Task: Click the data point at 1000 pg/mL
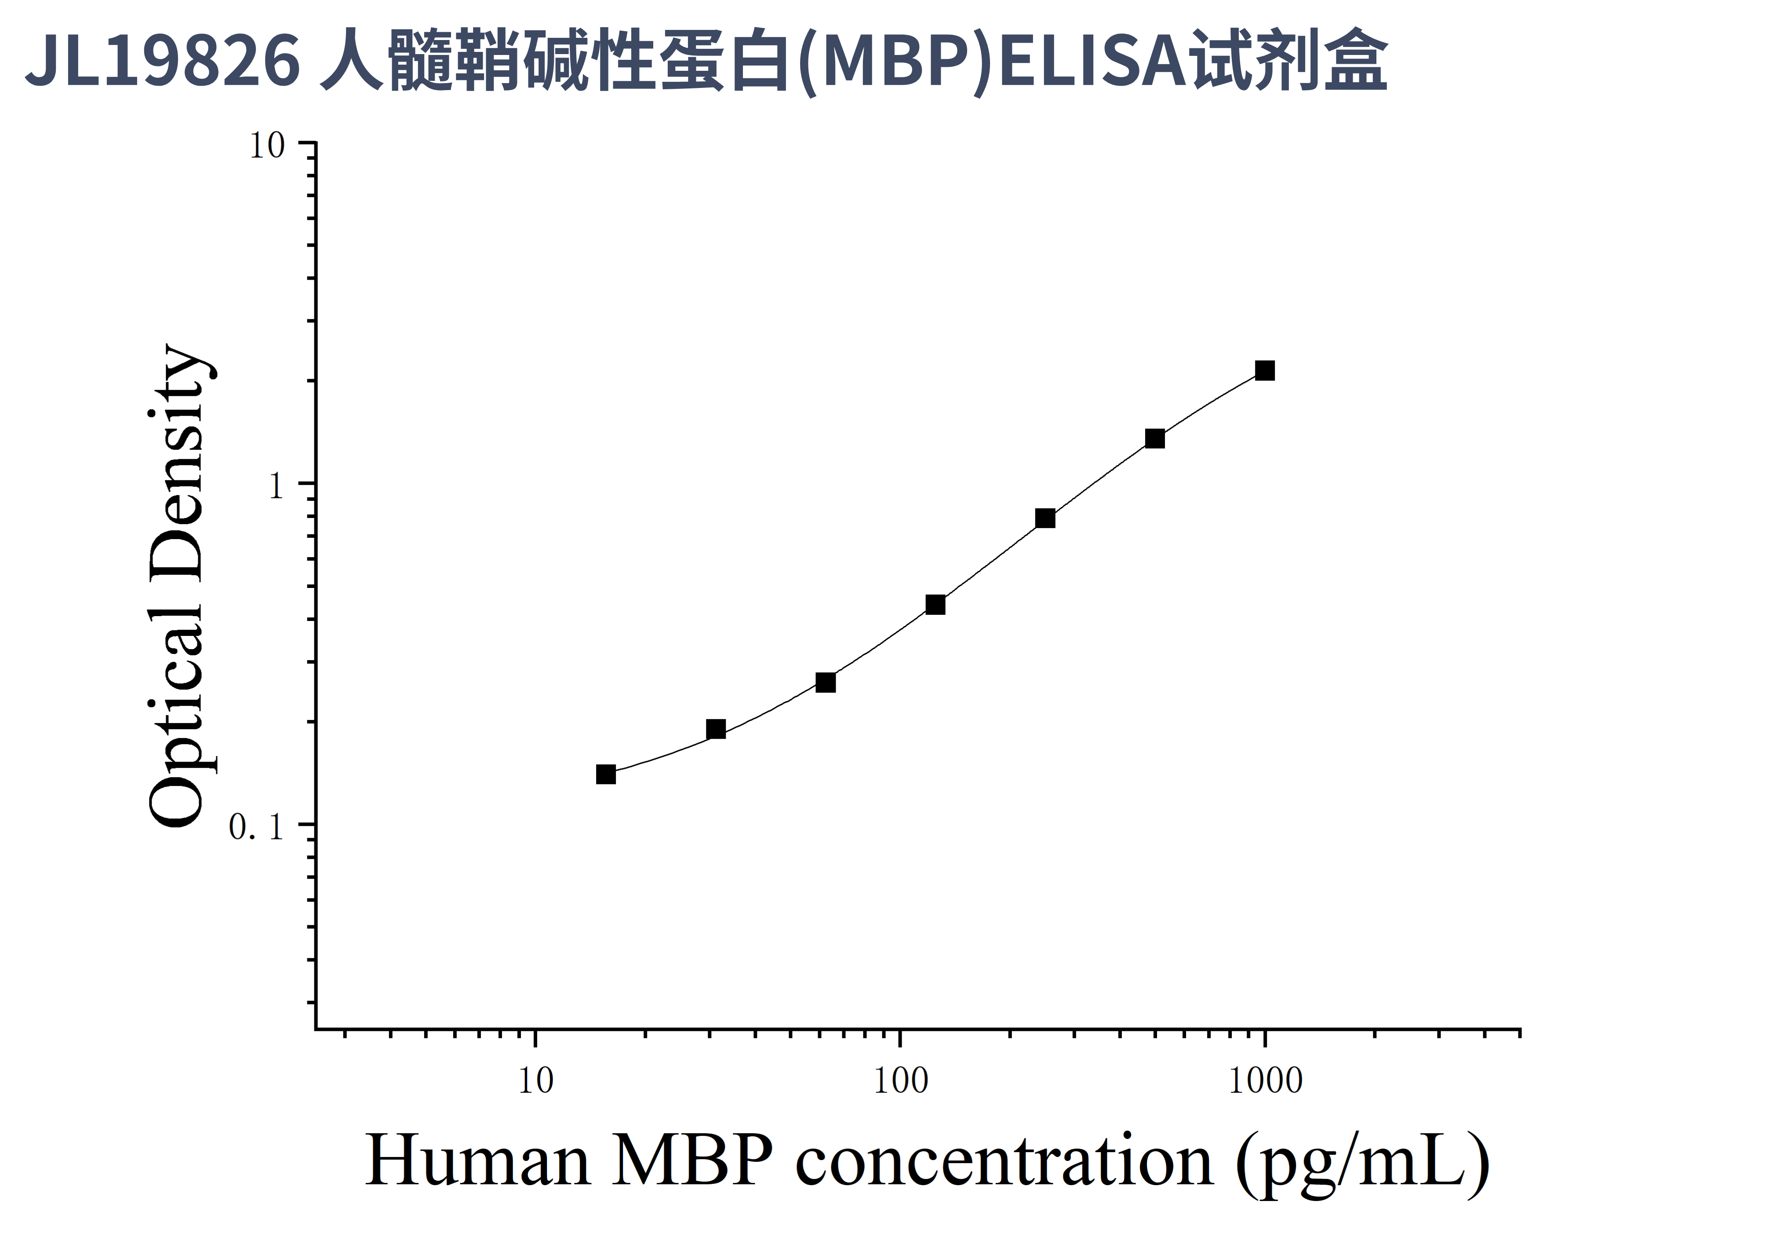[x=1265, y=371]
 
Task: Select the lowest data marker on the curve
[x=606, y=774]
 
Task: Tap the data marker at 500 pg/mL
[x=1155, y=438]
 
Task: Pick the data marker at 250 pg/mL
[x=1044, y=518]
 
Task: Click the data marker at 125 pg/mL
[x=935, y=604]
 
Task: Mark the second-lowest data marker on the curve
[x=716, y=729]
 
